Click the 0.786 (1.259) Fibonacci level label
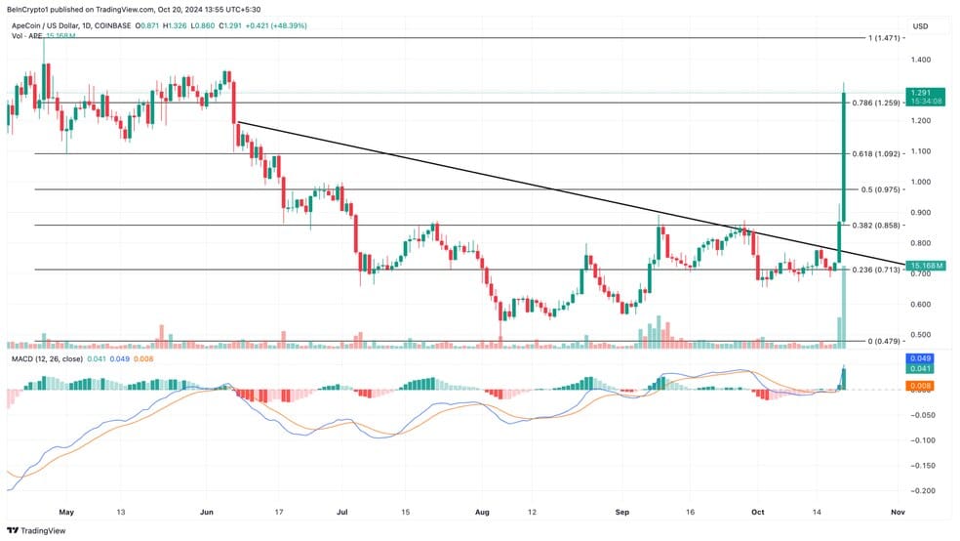pos(876,103)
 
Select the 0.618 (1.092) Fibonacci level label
pos(876,153)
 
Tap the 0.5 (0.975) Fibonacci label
pos(880,189)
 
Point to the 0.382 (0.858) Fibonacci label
pos(876,226)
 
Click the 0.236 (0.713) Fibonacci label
pos(876,270)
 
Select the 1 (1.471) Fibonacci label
pos(884,38)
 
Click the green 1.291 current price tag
pos(925,97)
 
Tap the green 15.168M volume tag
pos(925,266)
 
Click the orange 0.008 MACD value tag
pos(920,386)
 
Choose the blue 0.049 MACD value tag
pos(920,358)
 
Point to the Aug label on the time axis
pos(483,513)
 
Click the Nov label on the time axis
pos(899,513)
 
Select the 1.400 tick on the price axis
pos(921,60)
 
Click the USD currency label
pos(920,26)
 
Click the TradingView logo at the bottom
pos(36,530)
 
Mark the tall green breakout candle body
pos(844,157)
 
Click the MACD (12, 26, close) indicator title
pos(47,359)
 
